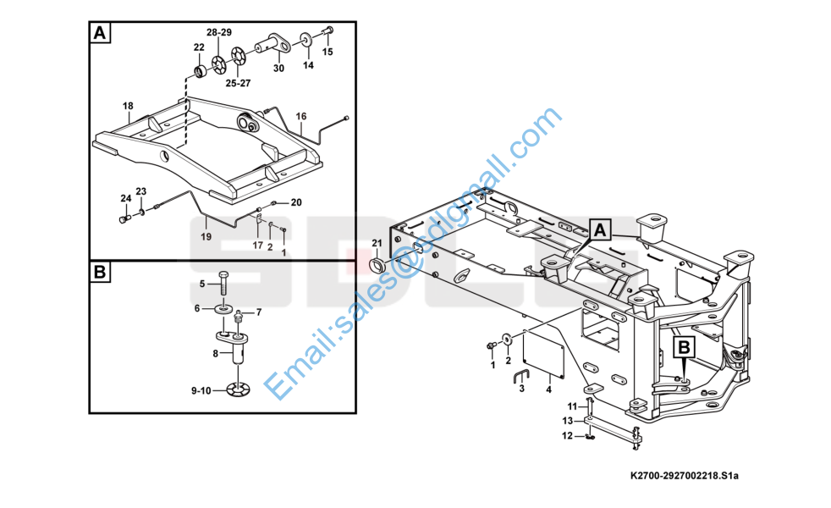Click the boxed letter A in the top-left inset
100,34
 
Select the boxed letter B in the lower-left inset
100,273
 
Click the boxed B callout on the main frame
684,347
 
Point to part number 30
278,68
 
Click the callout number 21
377,244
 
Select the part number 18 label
128,106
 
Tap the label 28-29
219,31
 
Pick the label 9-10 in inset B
201,390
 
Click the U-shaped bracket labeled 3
522,377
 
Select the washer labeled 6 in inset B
223,309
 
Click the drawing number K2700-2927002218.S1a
684,478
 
